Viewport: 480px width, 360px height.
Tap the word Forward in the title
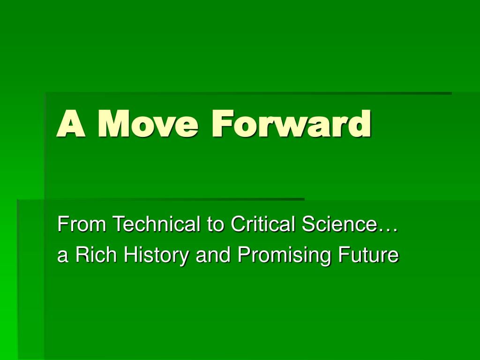(291, 123)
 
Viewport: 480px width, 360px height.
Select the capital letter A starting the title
(71, 123)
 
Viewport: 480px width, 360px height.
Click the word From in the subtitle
(82, 224)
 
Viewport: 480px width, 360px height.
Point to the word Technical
(157, 224)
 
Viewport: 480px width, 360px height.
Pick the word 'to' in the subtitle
(215, 225)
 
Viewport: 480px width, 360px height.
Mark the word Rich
(96, 255)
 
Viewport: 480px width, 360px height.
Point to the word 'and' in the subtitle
(213, 255)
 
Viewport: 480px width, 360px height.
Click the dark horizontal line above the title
(248, 93)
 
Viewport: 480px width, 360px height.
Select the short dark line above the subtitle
(161, 199)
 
